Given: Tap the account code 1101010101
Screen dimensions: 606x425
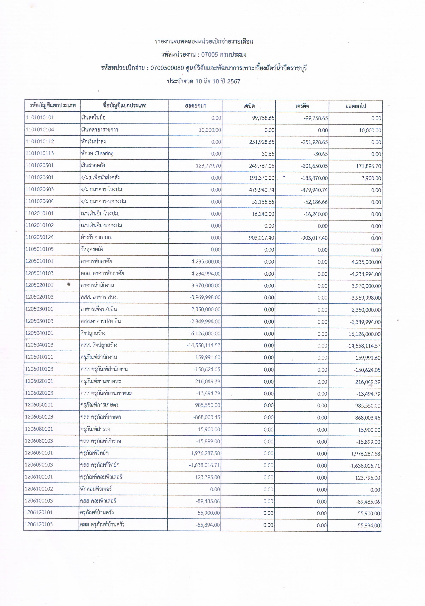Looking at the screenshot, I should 40,118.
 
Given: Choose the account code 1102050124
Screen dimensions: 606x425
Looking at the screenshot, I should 40,237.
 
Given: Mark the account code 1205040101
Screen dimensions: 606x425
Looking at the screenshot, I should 39,333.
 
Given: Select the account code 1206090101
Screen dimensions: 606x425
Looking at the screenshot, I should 39,453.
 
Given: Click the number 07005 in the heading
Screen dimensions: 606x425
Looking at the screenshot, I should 210,55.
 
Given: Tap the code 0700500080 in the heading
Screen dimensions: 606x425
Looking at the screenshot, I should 167,68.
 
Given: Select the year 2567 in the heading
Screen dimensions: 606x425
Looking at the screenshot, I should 234,81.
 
